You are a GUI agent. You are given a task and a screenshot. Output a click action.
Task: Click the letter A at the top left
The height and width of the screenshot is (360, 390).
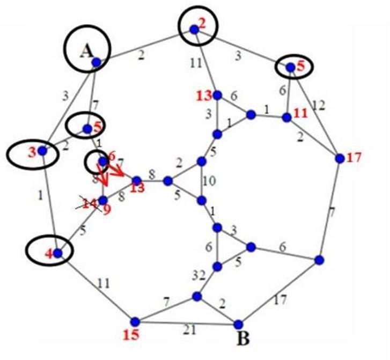point(86,52)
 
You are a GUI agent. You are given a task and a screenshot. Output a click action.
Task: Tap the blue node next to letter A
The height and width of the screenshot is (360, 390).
point(96,63)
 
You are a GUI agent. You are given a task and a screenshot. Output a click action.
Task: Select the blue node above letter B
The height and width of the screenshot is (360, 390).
point(239,324)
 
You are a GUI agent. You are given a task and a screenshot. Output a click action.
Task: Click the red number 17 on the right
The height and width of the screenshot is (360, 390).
point(355,158)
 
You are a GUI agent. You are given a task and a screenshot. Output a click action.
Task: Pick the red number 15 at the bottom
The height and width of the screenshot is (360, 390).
point(131,336)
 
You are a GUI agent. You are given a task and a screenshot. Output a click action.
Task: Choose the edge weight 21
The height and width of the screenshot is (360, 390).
point(187,328)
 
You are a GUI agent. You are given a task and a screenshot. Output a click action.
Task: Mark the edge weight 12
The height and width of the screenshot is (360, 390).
point(319,105)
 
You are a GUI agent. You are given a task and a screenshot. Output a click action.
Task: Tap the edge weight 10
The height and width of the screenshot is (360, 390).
point(210,181)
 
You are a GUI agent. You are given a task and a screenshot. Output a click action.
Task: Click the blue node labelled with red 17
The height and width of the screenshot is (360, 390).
point(339,158)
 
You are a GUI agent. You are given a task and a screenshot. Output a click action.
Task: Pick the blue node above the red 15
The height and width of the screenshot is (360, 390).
point(135,321)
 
